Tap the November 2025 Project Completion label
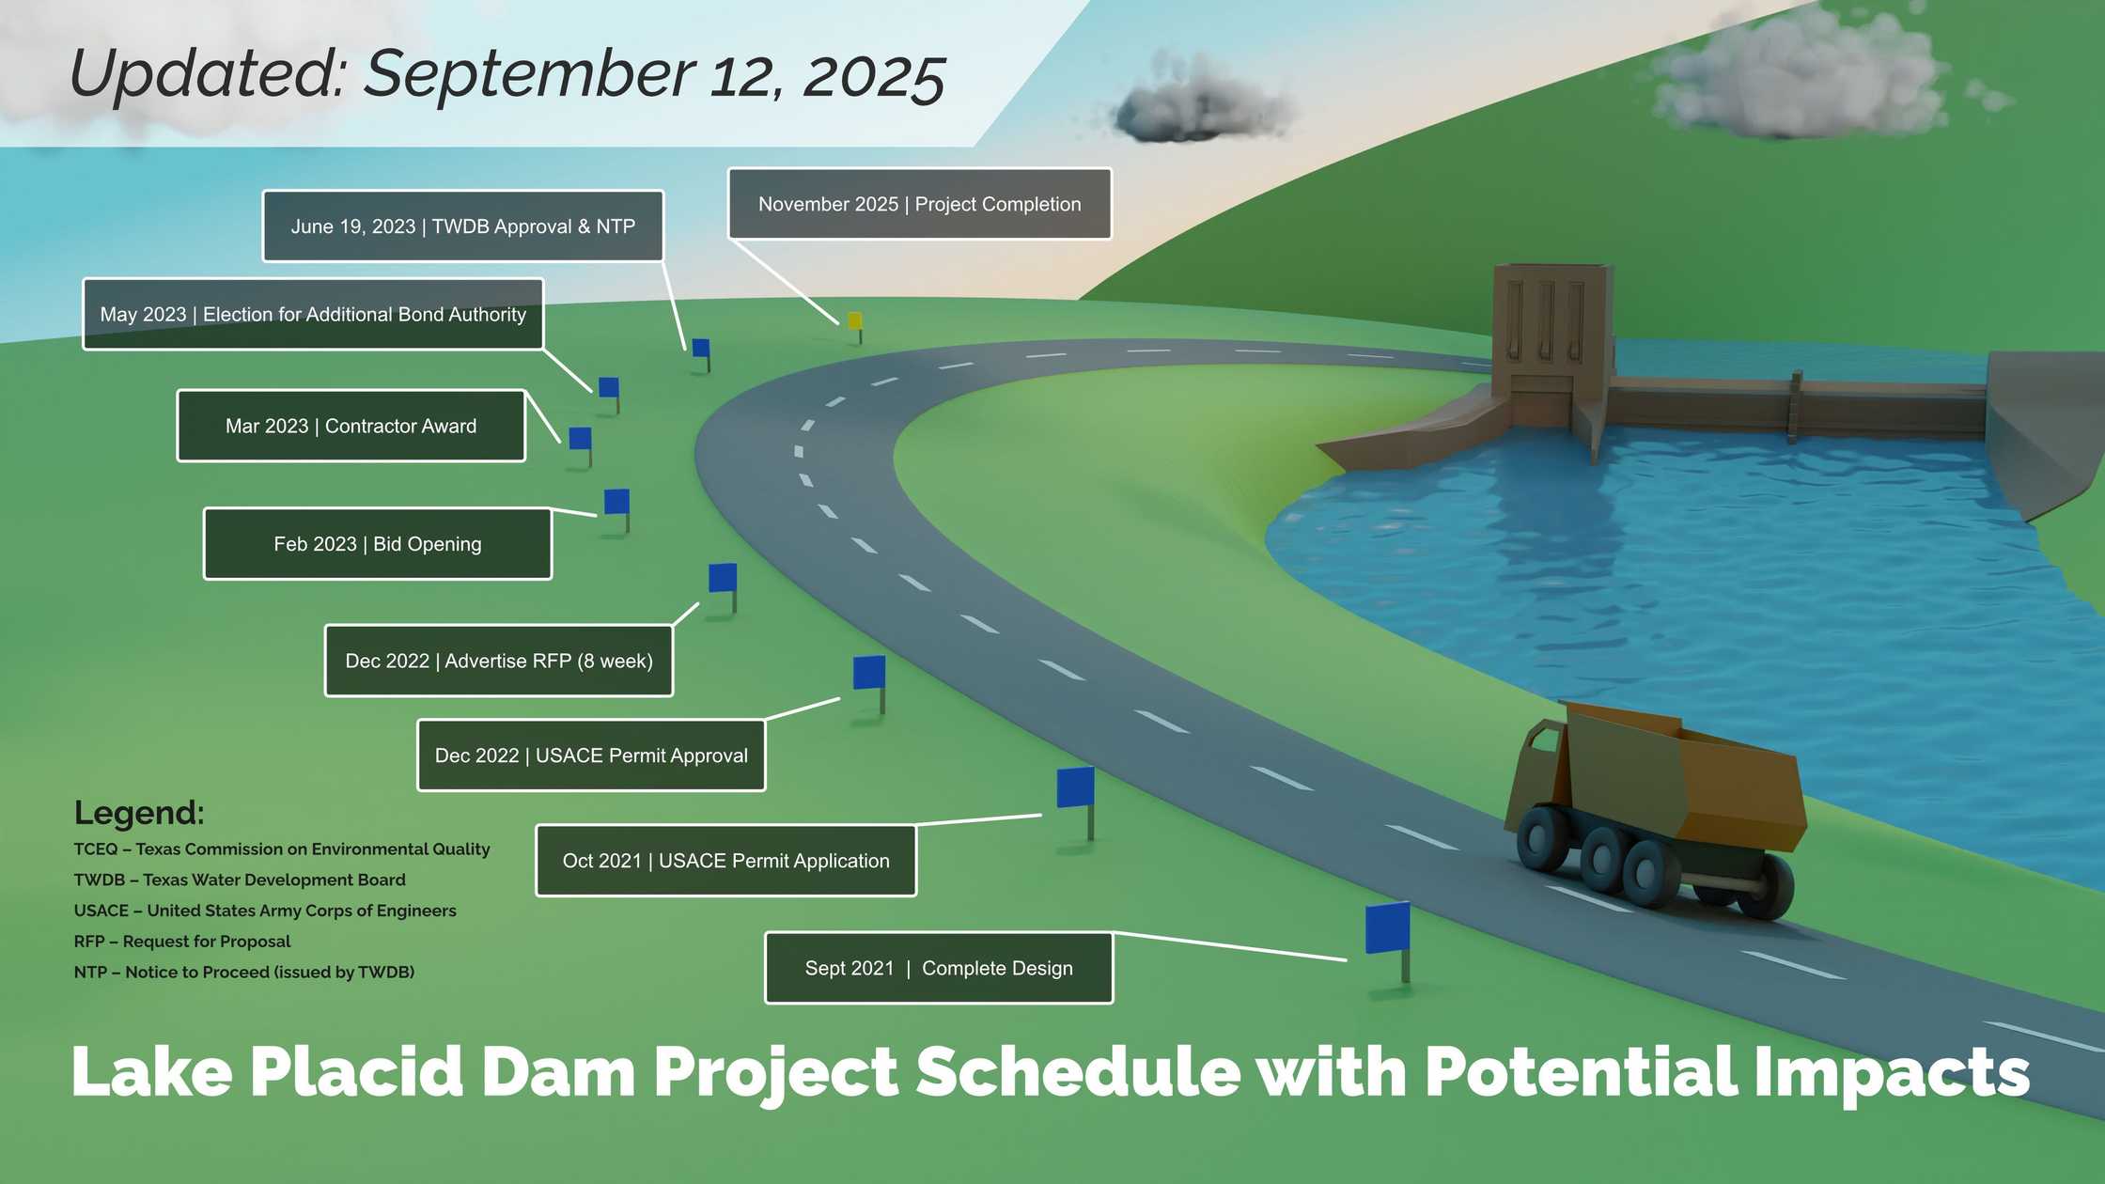click(919, 204)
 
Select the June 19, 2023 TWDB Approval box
click(462, 226)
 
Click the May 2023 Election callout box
click(313, 314)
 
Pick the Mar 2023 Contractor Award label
click(351, 426)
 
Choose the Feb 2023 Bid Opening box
click(378, 544)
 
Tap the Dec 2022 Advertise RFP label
click(499, 661)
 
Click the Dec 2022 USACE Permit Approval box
click(591, 756)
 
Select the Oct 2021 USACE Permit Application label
click(726, 861)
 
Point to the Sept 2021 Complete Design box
click(939, 968)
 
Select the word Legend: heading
click(139, 813)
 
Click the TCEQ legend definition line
click(282, 849)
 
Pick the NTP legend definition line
click(244, 973)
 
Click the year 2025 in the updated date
click(874, 77)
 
